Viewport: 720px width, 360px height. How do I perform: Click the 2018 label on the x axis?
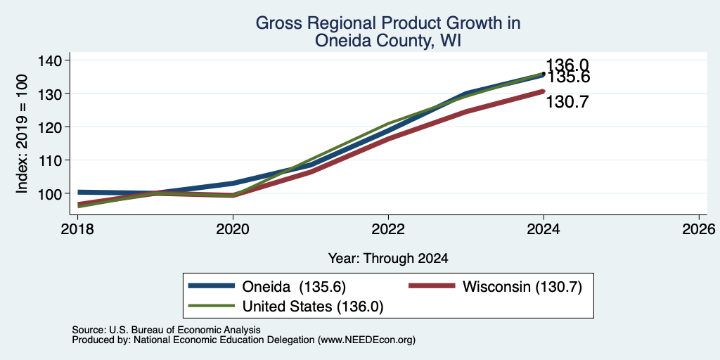[x=77, y=229]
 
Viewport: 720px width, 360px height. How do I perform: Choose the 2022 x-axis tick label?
[x=388, y=229]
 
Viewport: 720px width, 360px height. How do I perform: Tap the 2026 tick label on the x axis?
[x=700, y=229]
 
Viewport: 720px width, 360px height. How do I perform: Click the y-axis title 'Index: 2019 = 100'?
[x=22, y=134]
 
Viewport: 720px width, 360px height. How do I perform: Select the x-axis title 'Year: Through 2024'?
[x=388, y=259]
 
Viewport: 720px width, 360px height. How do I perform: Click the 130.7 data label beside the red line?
[x=567, y=102]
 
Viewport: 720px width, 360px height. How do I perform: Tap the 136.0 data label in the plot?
[x=567, y=65]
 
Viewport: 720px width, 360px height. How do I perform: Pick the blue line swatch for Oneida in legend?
[x=212, y=286]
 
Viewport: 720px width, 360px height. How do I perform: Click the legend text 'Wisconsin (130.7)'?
[x=522, y=287]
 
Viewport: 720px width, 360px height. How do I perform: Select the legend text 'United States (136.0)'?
[x=313, y=307]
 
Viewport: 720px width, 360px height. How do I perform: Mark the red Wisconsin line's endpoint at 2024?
[x=544, y=91]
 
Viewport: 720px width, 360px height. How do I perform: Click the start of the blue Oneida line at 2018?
[x=79, y=193]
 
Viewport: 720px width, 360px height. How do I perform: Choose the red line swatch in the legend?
[x=432, y=286]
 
